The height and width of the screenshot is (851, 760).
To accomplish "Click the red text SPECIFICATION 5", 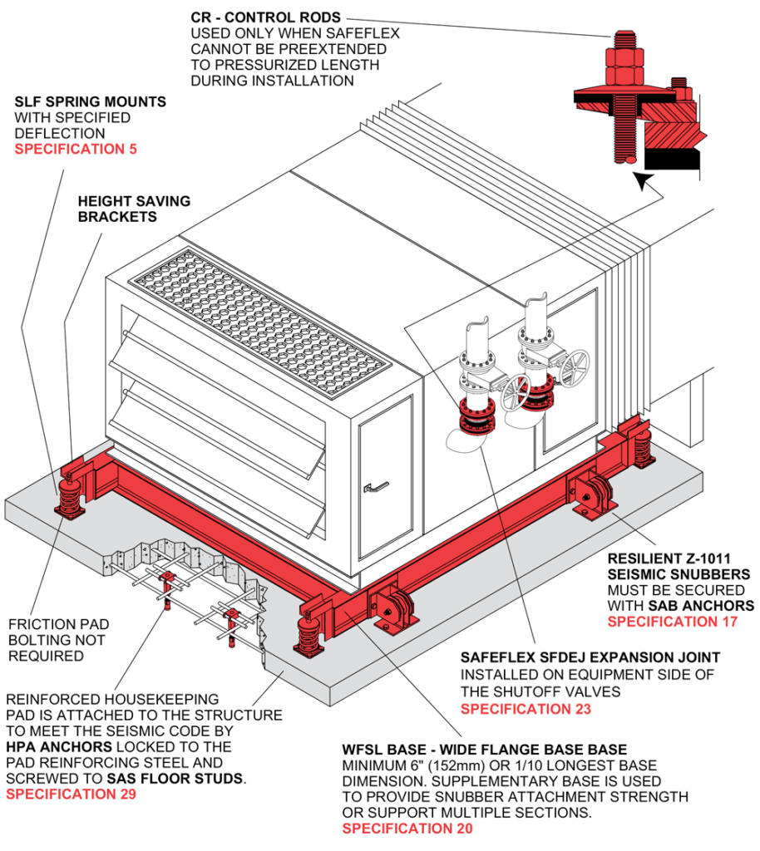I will [x=76, y=150].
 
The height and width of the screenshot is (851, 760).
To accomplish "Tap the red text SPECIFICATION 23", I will [x=526, y=709].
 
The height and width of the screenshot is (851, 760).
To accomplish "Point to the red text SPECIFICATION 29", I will [x=71, y=794].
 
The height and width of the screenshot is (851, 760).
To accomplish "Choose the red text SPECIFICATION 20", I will [x=407, y=829].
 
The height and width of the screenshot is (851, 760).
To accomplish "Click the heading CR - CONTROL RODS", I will [x=266, y=17].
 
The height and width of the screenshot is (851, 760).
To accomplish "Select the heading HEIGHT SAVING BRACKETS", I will [x=133, y=209].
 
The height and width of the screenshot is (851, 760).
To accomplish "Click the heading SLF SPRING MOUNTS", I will [x=90, y=102].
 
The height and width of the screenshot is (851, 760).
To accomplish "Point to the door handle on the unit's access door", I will [x=378, y=486].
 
